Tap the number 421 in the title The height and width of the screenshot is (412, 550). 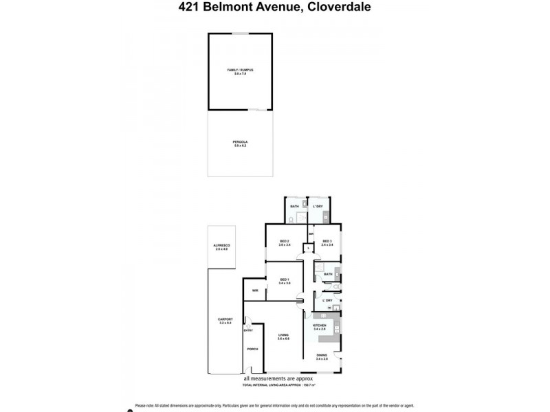186,8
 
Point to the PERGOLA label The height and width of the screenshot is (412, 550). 239,142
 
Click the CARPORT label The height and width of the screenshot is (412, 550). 225,319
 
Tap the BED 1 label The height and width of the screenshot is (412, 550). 285,279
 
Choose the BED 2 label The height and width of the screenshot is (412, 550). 285,240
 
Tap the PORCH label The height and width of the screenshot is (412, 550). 252,352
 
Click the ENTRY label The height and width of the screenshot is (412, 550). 248,330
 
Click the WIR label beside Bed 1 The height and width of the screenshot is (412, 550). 255,291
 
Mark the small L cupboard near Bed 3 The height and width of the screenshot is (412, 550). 309,249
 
